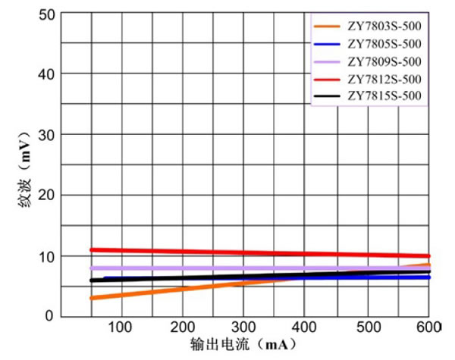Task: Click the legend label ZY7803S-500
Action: click(384, 27)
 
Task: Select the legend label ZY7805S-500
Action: click(384, 44)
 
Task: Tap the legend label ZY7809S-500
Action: click(384, 61)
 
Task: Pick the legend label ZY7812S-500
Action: click(384, 79)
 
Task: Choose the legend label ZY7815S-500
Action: click(384, 96)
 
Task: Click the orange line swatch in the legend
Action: click(328, 27)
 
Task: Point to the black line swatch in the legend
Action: click(328, 96)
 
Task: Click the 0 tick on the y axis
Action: click(49, 317)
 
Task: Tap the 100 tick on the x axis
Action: click(121, 327)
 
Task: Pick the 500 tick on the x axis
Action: click(369, 327)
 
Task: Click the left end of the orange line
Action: click(92, 298)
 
